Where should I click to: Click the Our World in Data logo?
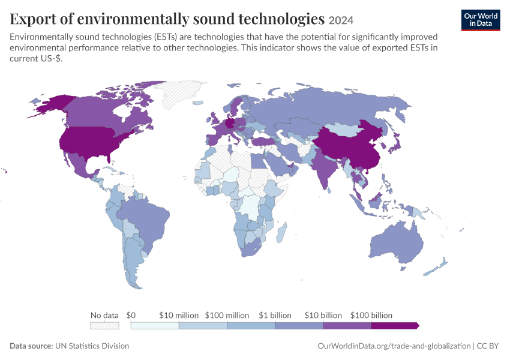(x=481, y=20)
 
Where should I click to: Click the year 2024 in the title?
(x=341, y=20)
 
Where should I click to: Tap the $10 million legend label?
(x=179, y=315)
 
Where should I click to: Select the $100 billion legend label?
(x=371, y=315)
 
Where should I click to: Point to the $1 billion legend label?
(x=275, y=315)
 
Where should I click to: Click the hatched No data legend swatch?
(x=104, y=326)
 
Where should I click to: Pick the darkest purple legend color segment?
(x=395, y=326)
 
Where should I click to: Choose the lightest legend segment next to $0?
(x=155, y=326)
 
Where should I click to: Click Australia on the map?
(x=397, y=242)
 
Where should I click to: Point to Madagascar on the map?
(x=282, y=232)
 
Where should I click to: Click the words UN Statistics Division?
(x=92, y=346)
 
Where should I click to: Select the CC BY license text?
(x=488, y=346)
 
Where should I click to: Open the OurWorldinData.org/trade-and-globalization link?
(x=394, y=346)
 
